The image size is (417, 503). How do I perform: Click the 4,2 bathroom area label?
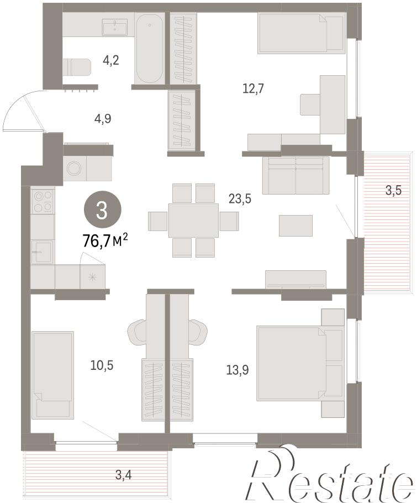110,60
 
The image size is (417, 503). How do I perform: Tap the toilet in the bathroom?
77,67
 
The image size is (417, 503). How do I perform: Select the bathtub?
149,49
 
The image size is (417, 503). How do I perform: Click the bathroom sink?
115,27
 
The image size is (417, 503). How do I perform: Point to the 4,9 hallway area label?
103,119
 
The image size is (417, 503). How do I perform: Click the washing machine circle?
75,168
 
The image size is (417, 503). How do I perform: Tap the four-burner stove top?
43,201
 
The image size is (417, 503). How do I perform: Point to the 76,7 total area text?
105,240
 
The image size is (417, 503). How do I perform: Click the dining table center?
194,220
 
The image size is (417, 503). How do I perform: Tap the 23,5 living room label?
240,199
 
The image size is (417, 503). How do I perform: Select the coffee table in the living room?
295,226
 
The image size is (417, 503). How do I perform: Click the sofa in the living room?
296,175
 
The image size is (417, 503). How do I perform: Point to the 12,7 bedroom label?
253,88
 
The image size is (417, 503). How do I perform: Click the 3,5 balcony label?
393,191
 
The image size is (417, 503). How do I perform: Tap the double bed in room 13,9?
292,363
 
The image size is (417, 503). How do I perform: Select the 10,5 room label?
102,365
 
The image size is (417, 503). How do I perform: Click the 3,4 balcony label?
123,475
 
